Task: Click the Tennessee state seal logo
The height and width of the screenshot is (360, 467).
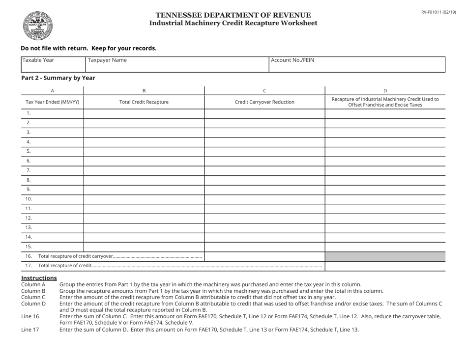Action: tap(37, 26)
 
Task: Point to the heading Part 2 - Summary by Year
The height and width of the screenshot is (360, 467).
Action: tap(58, 78)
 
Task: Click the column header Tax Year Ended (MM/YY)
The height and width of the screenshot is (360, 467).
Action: tap(52, 102)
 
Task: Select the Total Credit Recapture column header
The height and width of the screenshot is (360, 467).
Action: tap(144, 102)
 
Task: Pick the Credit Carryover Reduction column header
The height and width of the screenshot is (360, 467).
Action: tap(264, 102)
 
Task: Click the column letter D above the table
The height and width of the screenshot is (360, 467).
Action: tap(385, 90)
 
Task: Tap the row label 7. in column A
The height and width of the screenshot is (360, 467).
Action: tap(29, 170)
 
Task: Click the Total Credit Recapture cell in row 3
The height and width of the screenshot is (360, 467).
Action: tap(144, 133)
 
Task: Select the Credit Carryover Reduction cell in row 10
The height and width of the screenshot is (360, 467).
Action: tap(264, 199)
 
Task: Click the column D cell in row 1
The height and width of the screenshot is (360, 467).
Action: tap(385, 113)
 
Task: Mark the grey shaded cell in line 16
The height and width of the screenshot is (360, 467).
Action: tap(385, 256)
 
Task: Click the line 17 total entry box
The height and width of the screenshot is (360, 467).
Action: tap(385, 266)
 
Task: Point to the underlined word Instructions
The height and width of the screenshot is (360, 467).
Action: tap(38, 278)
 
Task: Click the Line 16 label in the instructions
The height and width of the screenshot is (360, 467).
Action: tap(30, 316)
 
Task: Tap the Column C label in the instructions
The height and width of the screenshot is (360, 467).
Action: tap(33, 297)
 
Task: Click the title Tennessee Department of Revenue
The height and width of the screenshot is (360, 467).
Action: tap(233, 15)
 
